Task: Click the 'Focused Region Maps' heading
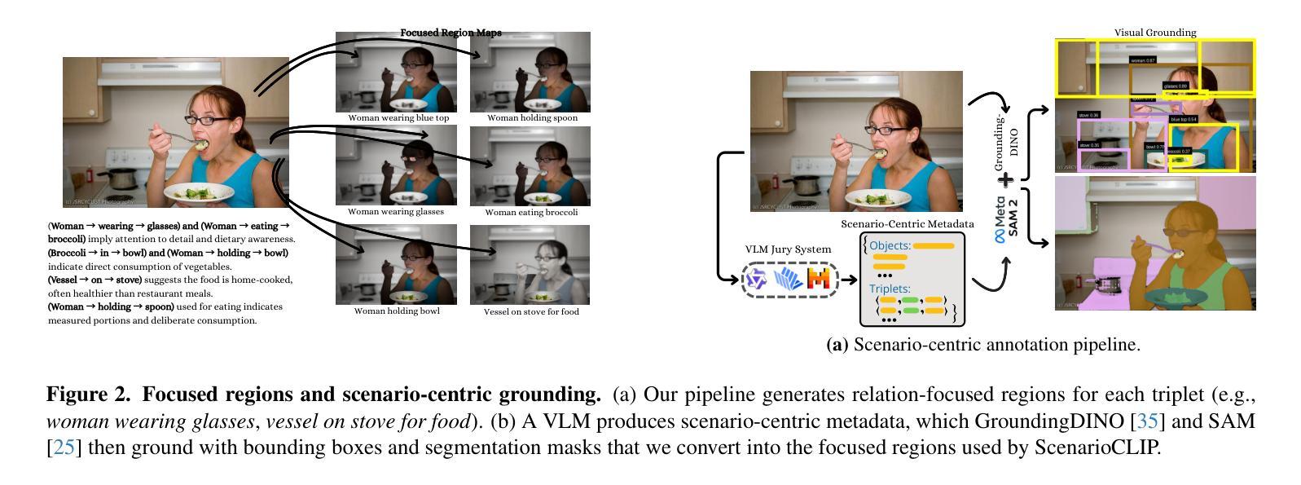click(x=451, y=33)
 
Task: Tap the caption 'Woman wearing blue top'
click(x=398, y=118)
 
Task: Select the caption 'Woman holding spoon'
click(x=532, y=118)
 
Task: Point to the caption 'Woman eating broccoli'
click(x=531, y=213)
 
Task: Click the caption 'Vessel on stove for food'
click(x=531, y=311)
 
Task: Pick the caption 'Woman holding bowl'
click(x=397, y=311)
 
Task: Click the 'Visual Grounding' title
click(x=1154, y=33)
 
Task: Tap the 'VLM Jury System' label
click(x=788, y=249)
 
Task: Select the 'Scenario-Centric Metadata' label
click(x=907, y=223)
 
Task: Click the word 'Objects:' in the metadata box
click(x=890, y=245)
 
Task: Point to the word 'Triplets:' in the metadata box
click(x=890, y=289)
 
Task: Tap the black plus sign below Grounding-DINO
click(x=1006, y=179)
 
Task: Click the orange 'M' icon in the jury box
click(x=818, y=280)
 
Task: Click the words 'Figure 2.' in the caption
click(x=88, y=395)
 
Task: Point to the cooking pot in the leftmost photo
click(x=121, y=177)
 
